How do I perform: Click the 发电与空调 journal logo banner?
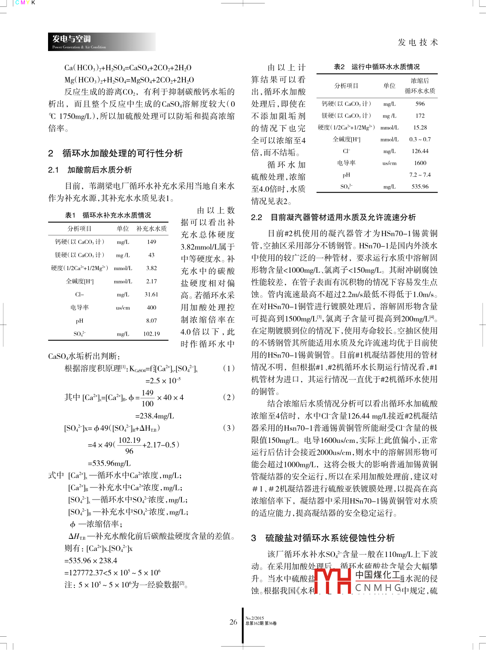(101, 42)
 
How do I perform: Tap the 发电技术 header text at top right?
(417, 42)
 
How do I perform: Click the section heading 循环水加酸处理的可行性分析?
(122, 153)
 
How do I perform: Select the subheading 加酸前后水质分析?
(100, 170)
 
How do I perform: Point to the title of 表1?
(108, 215)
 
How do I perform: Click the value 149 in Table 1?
(151, 242)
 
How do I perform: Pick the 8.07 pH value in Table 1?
(151, 321)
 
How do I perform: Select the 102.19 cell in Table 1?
(151, 334)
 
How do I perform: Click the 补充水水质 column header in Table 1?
(151, 229)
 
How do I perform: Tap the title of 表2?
(377, 67)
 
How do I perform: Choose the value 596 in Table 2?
(420, 104)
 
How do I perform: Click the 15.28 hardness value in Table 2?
(420, 128)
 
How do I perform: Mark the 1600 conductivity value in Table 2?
(420, 163)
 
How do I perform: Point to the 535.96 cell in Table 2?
(420, 187)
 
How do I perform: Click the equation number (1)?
(229, 368)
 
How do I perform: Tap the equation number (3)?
(229, 428)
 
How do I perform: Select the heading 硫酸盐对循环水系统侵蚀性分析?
(330, 538)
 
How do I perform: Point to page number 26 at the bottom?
(233, 622)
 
